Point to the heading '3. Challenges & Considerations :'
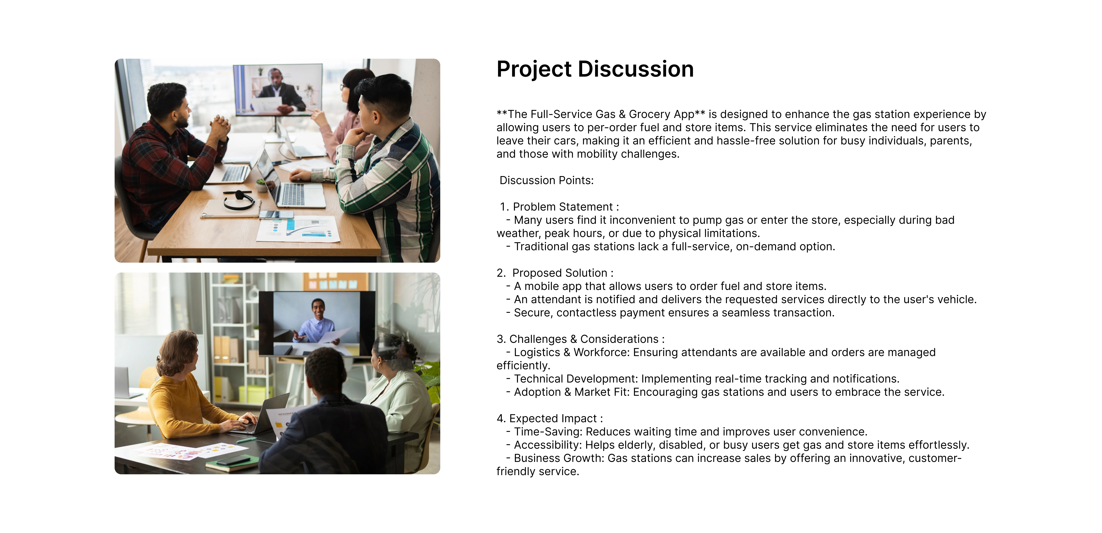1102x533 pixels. pos(580,339)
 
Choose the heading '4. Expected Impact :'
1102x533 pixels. pos(550,418)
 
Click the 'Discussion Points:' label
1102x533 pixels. pos(547,180)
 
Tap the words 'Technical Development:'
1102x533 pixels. pos(576,379)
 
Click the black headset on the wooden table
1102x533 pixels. pos(238,200)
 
